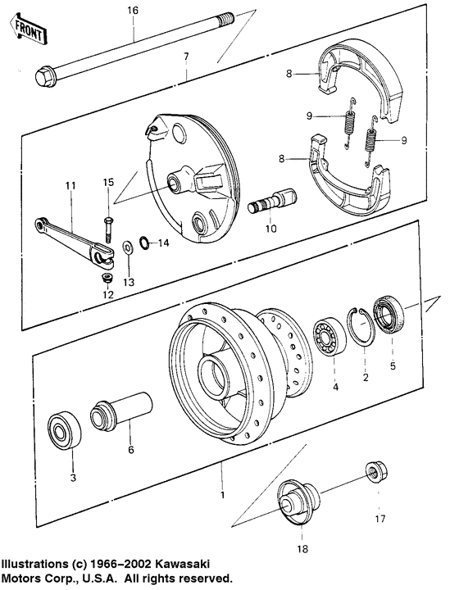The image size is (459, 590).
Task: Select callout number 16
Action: (133, 10)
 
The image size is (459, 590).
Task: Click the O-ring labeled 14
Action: (144, 242)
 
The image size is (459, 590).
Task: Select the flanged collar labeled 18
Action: (293, 501)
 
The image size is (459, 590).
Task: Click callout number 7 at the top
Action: (186, 56)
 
